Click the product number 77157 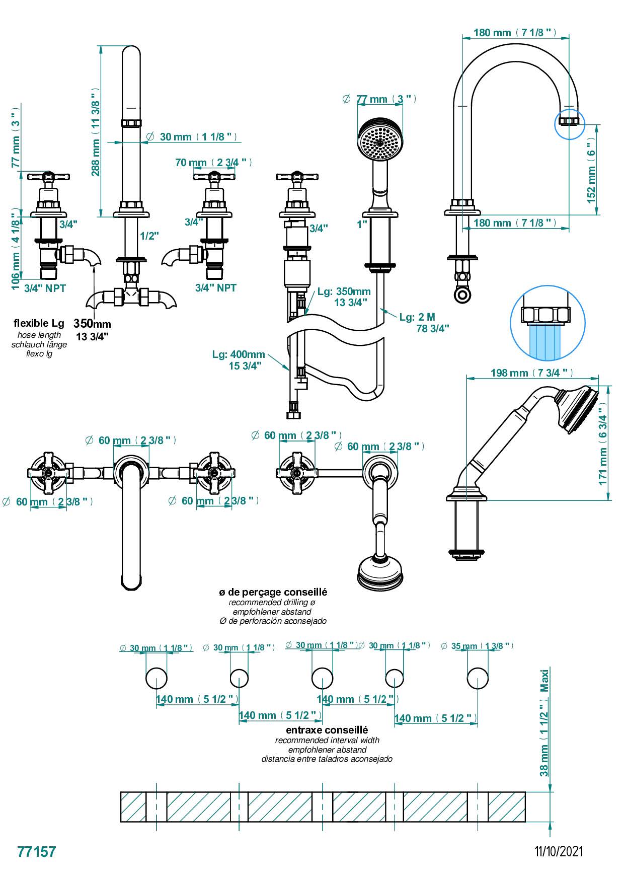(x=37, y=851)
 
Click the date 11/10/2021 (x=559, y=851)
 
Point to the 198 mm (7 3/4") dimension (x=531, y=373)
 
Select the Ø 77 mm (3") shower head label (x=380, y=99)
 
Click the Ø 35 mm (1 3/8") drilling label (x=477, y=646)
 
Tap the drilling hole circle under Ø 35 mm (x=477, y=678)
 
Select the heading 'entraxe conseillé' (x=327, y=730)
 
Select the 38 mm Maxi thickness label (x=544, y=722)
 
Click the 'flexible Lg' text (x=39, y=323)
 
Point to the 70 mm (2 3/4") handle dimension (x=213, y=163)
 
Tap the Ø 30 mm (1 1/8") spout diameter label (x=192, y=136)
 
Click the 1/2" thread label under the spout (x=149, y=236)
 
